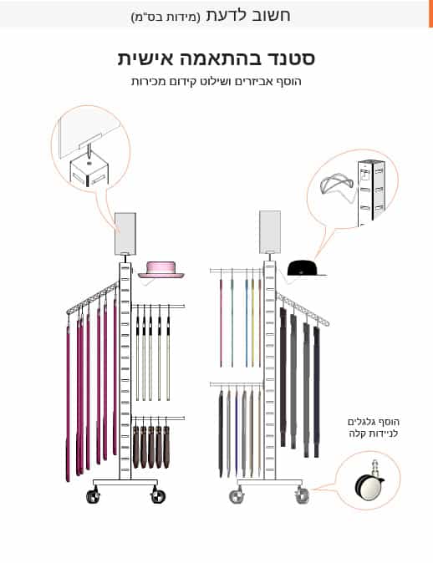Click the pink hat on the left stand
(x=161, y=270)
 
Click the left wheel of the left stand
(x=93, y=496)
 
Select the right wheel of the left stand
(x=158, y=496)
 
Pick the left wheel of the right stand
(x=237, y=496)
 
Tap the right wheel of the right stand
(x=302, y=496)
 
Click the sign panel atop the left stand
(x=125, y=234)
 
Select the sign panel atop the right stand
(x=270, y=232)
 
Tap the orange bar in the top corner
(x=430, y=13)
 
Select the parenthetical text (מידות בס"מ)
(x=166, y=17)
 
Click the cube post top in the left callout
(x=89, y=170)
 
